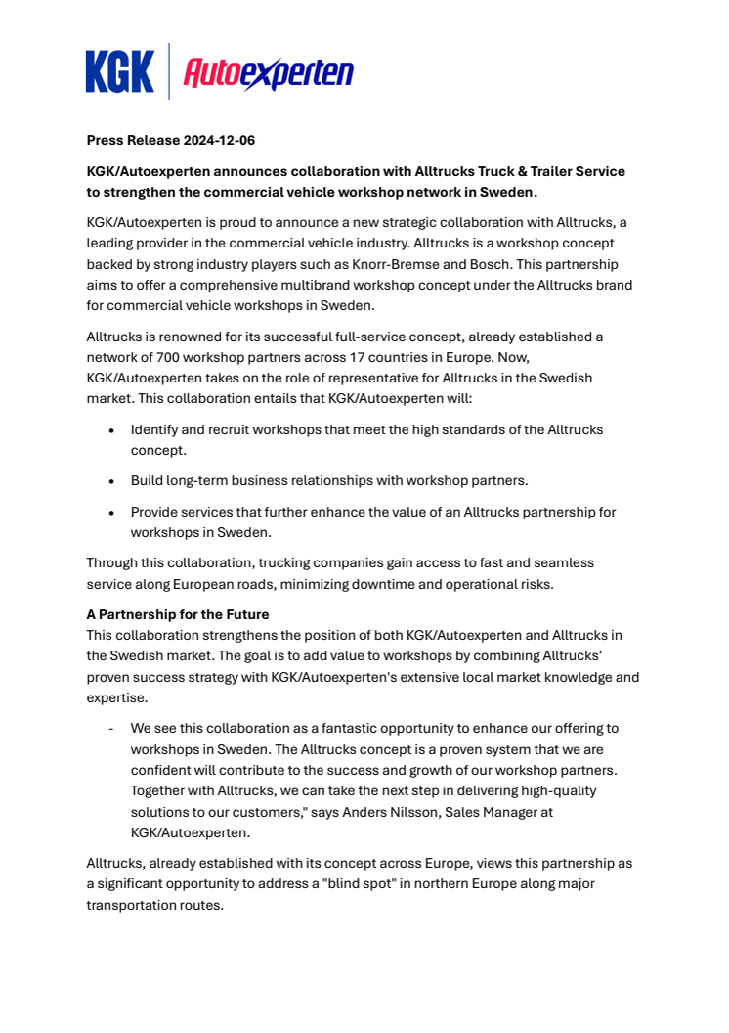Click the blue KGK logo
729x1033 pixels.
[119, 71]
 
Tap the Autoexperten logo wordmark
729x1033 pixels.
[269, 72]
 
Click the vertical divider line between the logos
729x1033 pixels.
[169, 71]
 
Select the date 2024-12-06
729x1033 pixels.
[219, 141]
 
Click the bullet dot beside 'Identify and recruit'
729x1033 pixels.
[111, 429]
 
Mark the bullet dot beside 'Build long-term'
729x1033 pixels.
[111, 481]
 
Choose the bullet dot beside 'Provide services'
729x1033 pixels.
[111, 512]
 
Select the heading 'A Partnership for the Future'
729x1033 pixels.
[178, 615]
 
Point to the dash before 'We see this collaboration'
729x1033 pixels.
[111, 728]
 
